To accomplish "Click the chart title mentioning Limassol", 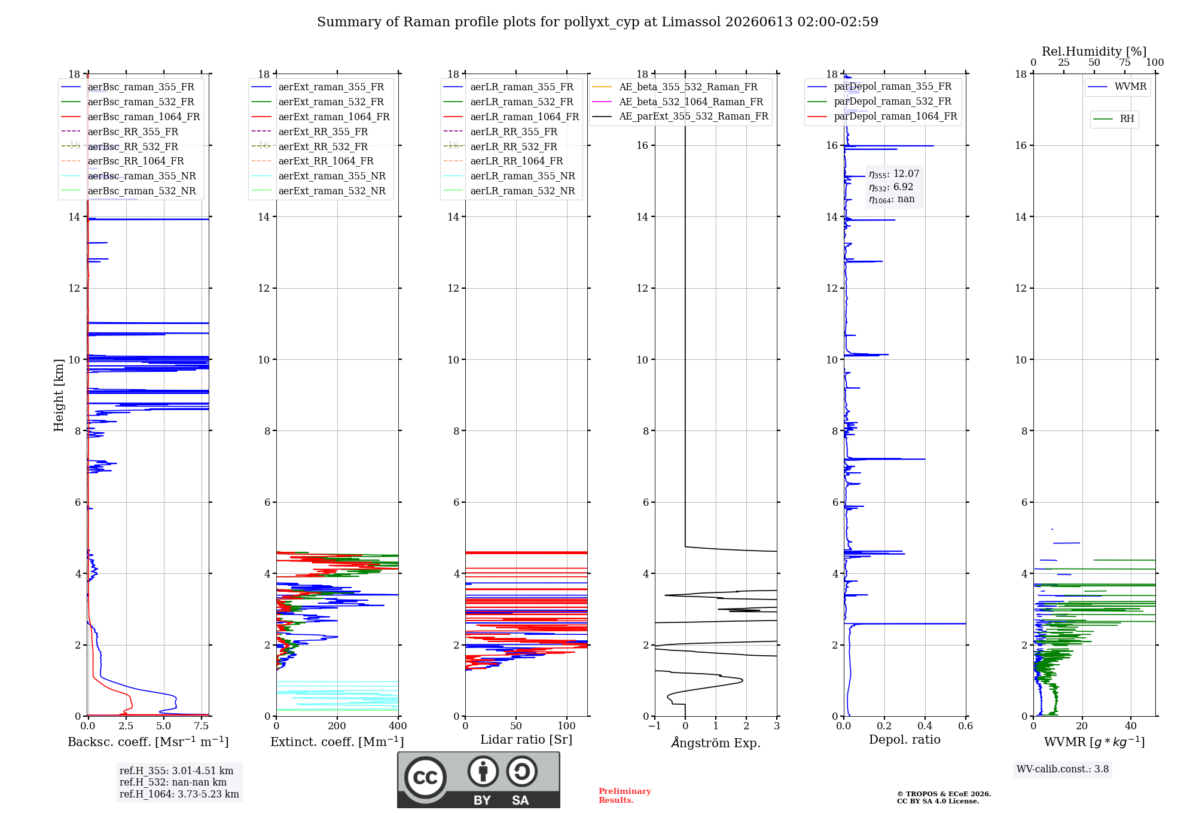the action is (x=597, y=22).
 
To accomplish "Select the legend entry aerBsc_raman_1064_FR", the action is (x=131, y=117).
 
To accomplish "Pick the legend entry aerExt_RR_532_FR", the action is (x=310, y=146).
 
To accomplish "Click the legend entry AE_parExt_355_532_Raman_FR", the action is (x=681, y=116).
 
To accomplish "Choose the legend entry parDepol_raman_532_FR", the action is (x=880, y=102).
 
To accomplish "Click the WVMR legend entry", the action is (x=1118, y=87).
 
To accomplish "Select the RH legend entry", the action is (x=1114, y=119).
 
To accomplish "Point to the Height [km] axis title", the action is (x=59, y=395).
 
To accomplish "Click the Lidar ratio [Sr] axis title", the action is (x=526, y=739).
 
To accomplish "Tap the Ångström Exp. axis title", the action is (x=716, y=742).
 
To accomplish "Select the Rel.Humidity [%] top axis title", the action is (x=1094, y=51).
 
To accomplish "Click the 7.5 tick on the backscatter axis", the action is (x=202, y=726).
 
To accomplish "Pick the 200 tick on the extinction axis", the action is (x=337, y=726).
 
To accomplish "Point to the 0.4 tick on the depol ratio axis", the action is (x=925, y=726).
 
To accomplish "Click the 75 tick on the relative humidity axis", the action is (x=1125, y=63).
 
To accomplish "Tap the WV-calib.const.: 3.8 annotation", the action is (x=1063, y=769).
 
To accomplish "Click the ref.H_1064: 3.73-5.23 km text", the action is (x=179, y=794).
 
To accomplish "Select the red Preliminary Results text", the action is (x=625, y=796).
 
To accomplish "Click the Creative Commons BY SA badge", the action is (x=478, y=780).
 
